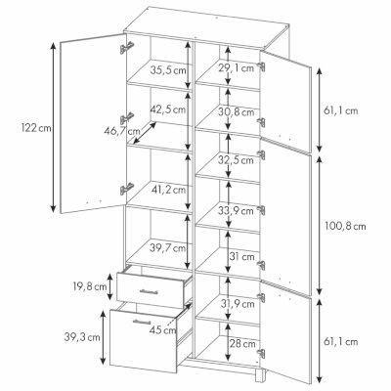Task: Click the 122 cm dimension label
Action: [x=36, y=128]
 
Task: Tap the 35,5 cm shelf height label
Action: [x=168, y=70]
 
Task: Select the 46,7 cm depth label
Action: [x=122, y=131]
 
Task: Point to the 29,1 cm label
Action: [x=236, y=68]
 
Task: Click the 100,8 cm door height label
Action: [x=345, y=226]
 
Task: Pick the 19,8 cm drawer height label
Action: [x=89, y=286]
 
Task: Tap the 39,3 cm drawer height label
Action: [x=82, y=337]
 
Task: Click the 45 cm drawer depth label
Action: [x=162, y=330]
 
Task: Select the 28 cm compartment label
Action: [x=242, y=343]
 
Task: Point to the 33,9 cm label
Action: [x=236, y=211]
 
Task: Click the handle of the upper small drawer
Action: [x=149, y=291]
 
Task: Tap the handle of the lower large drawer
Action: [x=142, y=322]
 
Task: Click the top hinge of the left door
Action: [x=127, y=47]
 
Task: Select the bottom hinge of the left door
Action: [x=127, y=189]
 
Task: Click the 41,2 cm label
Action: [x=168, y=189]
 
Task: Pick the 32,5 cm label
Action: [x=236, y=160]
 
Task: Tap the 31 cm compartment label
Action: [x=241, y=257]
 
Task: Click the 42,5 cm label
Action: [x=168, y=109]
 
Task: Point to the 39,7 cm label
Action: [x=168, y=248]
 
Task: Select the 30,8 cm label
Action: [x=237, y=112]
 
